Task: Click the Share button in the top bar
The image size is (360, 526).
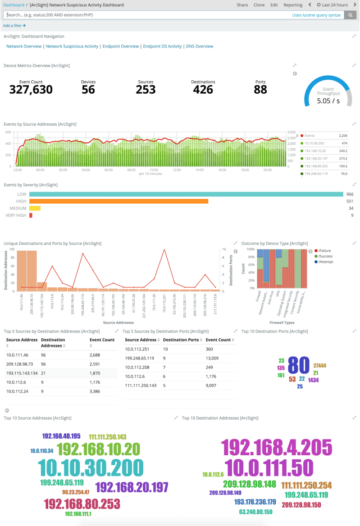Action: (242, 5)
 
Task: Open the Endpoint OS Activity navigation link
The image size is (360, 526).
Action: (162, 46)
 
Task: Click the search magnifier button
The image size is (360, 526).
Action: (351, 15)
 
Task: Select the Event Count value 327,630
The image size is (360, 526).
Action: (31, 90)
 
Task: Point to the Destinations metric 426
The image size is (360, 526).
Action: (203, 90)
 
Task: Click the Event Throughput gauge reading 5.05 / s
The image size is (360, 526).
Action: (328, 101)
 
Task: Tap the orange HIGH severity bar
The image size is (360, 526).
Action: (118, 201)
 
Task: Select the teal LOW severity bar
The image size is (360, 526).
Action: (186, 194)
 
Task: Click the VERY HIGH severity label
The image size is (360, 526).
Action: (16, 215)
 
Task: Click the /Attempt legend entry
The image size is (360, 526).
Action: (325, 261)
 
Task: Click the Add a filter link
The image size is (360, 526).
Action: (14, 26)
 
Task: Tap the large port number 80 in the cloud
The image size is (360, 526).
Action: (298, 365)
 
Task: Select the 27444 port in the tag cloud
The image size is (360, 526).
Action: (319, 366)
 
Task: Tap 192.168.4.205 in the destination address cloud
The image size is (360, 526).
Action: (276, 447)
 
